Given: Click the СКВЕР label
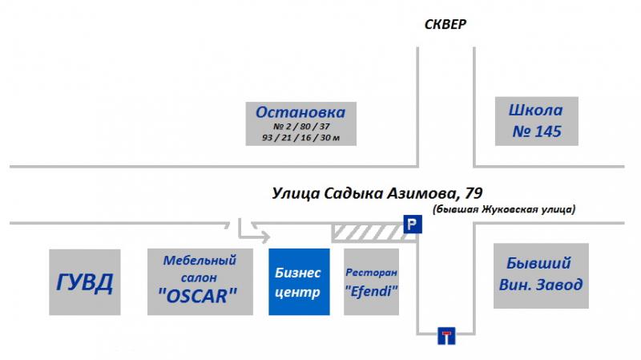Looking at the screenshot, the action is pos(445,25).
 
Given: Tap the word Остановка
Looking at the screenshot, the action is pos(300,112).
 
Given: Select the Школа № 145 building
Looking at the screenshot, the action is pos(536,121).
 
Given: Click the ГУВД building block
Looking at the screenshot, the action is pos(85,282).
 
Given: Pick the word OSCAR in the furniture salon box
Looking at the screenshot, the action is pos(197,296).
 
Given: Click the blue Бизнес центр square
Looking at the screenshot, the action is pos(299,282).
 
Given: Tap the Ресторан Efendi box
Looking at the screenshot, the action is pos(371,282).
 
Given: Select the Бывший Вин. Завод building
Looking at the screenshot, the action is pos(541,276).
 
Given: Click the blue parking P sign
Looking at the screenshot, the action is pos(413,224).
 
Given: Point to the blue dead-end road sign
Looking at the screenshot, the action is pos(446,336).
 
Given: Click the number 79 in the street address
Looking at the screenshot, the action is pos(474,192).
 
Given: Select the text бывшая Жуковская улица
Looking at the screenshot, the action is pos(504,209).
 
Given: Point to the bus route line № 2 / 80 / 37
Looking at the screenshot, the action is pos(301,127).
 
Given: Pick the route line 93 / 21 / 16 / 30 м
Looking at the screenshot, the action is pos(301,138).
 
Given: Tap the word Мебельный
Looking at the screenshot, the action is pos(200,261).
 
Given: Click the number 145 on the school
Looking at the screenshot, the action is pos(548,131).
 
